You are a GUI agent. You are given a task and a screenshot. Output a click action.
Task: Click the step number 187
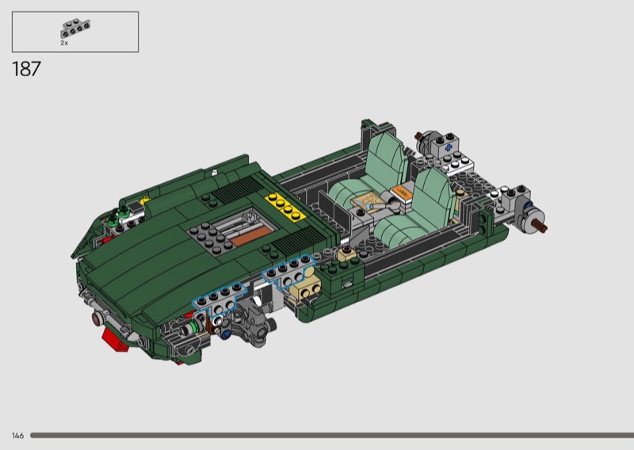(x=27, y=69)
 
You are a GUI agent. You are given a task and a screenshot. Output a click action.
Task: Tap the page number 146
(x=17, y=436)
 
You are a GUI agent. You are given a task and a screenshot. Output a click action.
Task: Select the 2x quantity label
(x=64, y=43)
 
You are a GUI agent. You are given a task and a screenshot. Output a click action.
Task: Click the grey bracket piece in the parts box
(x=75, y=29)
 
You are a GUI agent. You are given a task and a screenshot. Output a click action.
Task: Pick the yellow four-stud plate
(x=285, y=207)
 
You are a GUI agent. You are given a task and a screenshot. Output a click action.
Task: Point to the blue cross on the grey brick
(x=449, y=147)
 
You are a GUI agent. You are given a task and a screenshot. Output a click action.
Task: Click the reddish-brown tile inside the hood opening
(x=250, y=236)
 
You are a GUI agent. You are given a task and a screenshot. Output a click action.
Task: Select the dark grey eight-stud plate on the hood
(x=209, y=238)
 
